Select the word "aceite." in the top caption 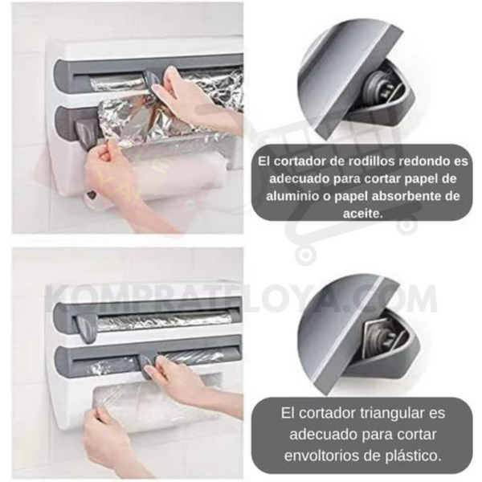pyautogui.click(x=363, y=214)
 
